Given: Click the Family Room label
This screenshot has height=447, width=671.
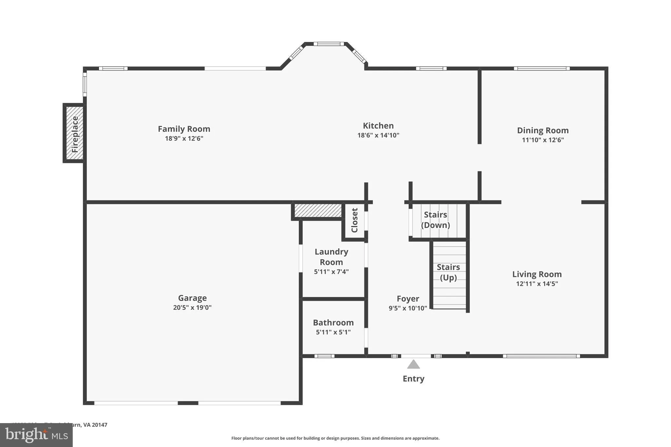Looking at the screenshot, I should tap(184, 129).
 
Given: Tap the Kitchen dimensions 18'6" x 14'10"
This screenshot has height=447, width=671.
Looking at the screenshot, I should tap(378, 135).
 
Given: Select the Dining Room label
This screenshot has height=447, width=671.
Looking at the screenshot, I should tap(543, 130).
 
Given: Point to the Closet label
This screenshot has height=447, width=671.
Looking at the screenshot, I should tap(355, 220).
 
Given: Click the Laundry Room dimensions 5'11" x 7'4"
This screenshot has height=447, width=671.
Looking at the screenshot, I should tap(331, 272).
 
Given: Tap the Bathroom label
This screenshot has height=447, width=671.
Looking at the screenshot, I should tap(333, 323).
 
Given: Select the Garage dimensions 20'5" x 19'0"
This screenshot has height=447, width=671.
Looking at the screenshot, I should tap(192, 307).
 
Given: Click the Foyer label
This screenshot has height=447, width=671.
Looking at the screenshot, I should tap(408, 299).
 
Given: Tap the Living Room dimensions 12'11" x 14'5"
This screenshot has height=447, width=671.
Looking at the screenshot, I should tap(537, 284).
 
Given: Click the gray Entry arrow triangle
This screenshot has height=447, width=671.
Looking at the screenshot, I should tap(413, 364).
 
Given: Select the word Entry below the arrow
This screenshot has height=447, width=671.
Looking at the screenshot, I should tap(413, 379).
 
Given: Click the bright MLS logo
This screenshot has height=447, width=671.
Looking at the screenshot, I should tap(36, 435).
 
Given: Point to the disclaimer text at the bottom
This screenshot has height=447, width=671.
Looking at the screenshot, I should tap(335, 438).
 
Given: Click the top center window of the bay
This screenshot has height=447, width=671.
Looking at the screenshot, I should tap(329, 44).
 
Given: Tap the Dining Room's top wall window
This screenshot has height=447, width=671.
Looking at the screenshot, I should tap(542, 68).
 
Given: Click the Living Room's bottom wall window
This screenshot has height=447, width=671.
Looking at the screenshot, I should tap(541, 356).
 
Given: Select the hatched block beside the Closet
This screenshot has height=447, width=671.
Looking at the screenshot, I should tap(318, 210).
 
